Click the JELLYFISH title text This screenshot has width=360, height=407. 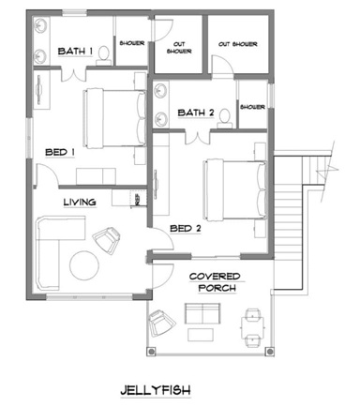tap(156, 390)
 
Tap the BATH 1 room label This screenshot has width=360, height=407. tap(75, 51)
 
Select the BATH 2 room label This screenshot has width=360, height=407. tap(196, 113)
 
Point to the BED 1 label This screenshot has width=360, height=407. tap(60, 152)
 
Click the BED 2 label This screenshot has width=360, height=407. tap(186, 229)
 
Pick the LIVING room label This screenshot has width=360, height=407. tap(80, 203)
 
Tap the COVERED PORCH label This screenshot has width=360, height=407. tap(216, 282)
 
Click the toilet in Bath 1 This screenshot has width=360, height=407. tap(103, 56)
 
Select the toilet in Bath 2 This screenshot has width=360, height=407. tap(225, 118)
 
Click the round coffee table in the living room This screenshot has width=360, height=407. tap(84, 265)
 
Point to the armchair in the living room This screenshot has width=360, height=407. tap(106, 240)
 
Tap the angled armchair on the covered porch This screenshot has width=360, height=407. tap(161, 323)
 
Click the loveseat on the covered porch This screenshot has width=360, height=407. tap(202, 313)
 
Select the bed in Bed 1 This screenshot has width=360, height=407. tap(114, 118)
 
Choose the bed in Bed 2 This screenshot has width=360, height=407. tap(234, 189)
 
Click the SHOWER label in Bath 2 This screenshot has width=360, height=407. tap(252, 107)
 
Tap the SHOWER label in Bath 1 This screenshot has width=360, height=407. tap(132, 43)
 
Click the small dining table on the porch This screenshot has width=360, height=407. tap(252, 327)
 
